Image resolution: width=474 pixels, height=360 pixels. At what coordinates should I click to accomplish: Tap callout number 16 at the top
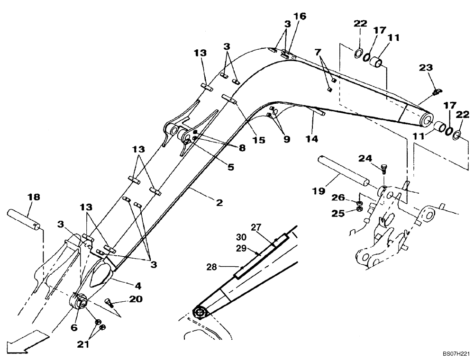pyautogui.click(x=300, y=17)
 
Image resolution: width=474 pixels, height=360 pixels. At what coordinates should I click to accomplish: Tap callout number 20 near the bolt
pyautogui.click(x=136, y=299)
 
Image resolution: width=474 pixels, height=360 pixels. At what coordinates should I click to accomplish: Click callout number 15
pyautogui.click(x=259, y=140)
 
